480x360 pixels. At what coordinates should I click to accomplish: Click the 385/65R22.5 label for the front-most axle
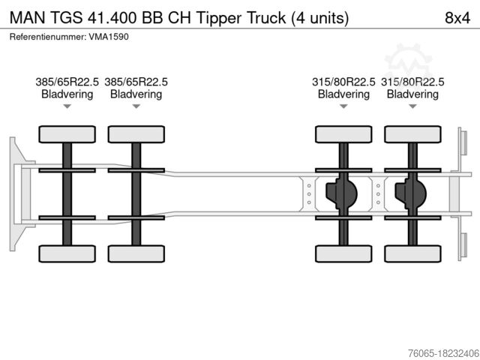[67, 82]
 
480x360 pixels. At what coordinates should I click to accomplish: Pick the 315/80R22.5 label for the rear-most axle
[412, 82]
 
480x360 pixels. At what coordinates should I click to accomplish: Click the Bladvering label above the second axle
[136, 94]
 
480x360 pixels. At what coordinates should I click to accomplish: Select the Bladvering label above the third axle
[343, 94]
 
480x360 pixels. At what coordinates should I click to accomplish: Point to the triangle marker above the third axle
[343, 107]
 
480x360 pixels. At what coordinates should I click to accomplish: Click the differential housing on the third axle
[341, 194]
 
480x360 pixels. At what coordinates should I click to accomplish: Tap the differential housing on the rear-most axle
[410, 194]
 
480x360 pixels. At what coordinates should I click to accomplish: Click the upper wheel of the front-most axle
[67, 134]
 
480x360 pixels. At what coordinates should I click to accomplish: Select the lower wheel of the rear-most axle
[412, 253]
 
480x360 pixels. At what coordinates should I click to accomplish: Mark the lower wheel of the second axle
[136, 253]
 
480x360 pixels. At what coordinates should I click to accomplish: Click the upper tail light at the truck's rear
[463, 142]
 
